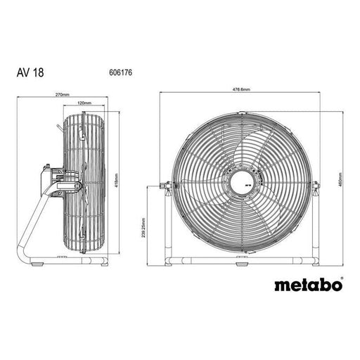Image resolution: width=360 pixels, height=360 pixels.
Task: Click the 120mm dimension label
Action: click(84, 103)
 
